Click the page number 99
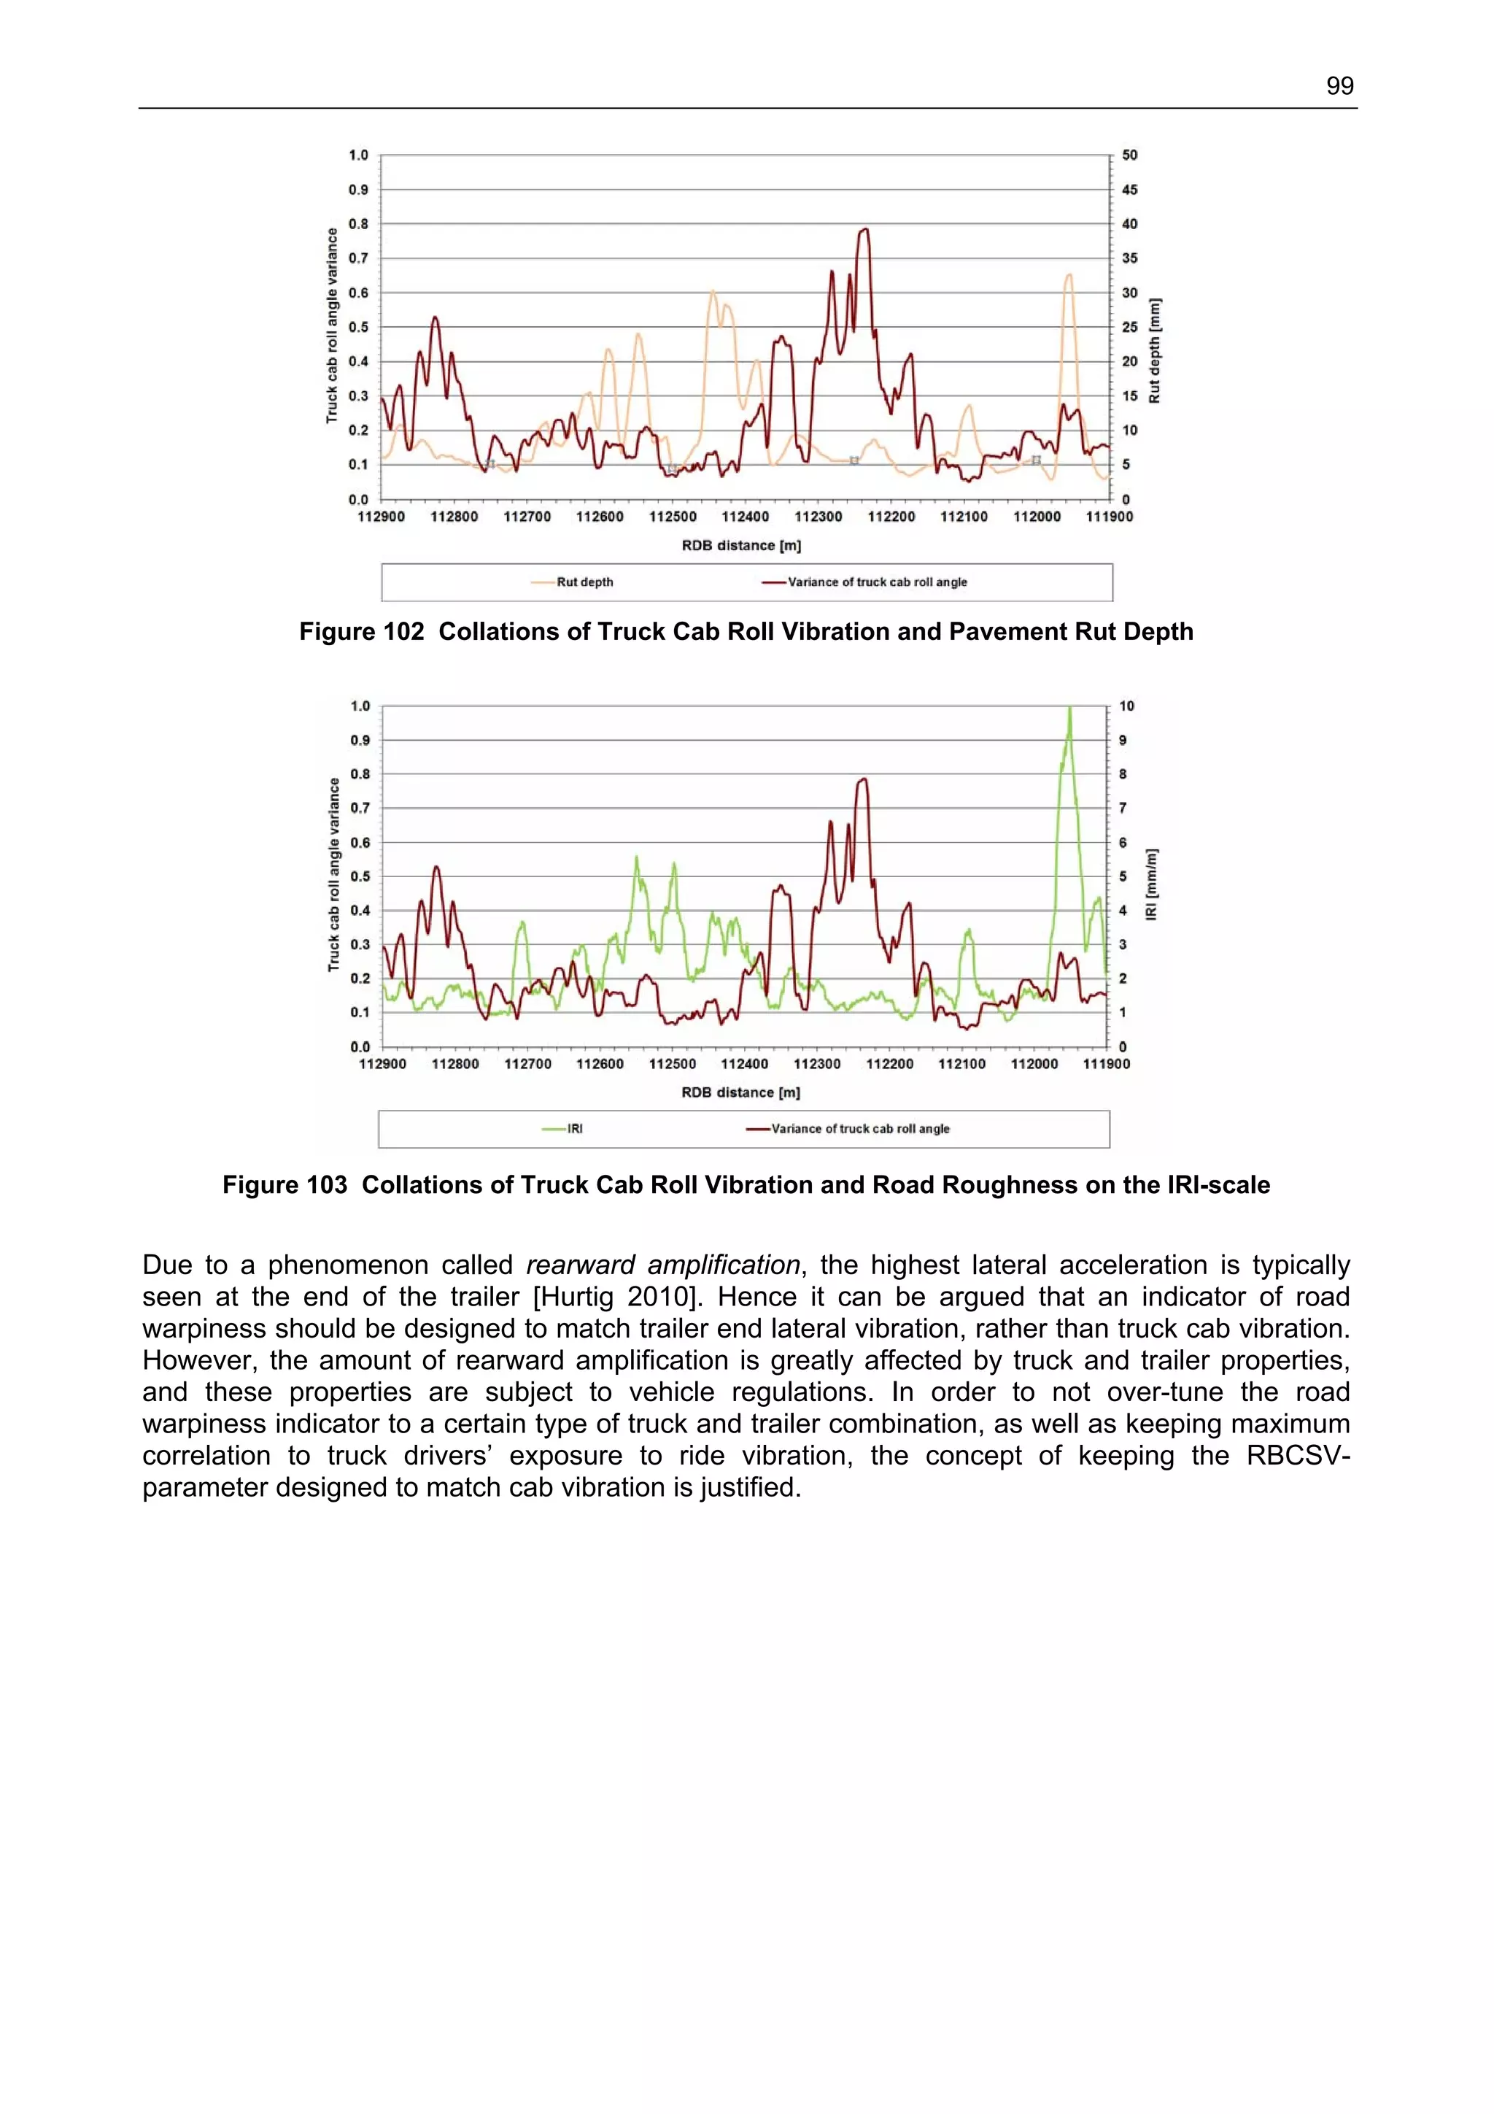(1339, 87)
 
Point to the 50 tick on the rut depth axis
(1129, 155)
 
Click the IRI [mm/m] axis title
(1152, 884)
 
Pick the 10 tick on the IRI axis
(1127, 706)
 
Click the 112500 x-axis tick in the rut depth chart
(673, 517)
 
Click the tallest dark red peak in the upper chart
(864, 229)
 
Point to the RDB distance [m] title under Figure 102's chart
(741, 546)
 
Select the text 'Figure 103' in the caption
(285, 1185)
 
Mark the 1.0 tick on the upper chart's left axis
(358, 155)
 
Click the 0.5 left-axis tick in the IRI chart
(360, 876)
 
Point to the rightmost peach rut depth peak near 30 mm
(1069, 274)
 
